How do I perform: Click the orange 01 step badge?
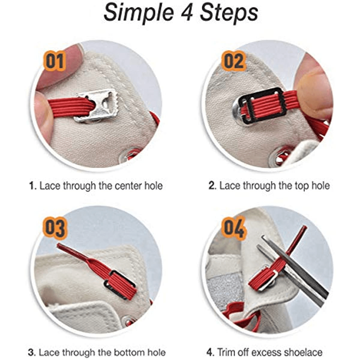click(x=55, y=61)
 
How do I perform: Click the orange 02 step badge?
click(x=233, y=61)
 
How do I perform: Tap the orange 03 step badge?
click(x=55, y=228)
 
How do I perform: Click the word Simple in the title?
click(x=138, y=13)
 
